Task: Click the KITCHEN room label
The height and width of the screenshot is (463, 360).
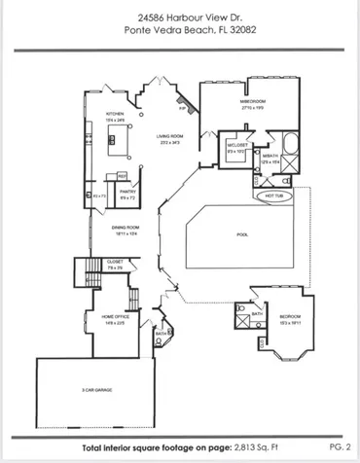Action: point(116,114)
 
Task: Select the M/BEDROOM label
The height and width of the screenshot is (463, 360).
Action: point(254,100)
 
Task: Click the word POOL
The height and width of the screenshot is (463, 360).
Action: point(242,234)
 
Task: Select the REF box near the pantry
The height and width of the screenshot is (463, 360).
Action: point(122,176)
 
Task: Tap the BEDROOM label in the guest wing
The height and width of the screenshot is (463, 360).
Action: point(291,317)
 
